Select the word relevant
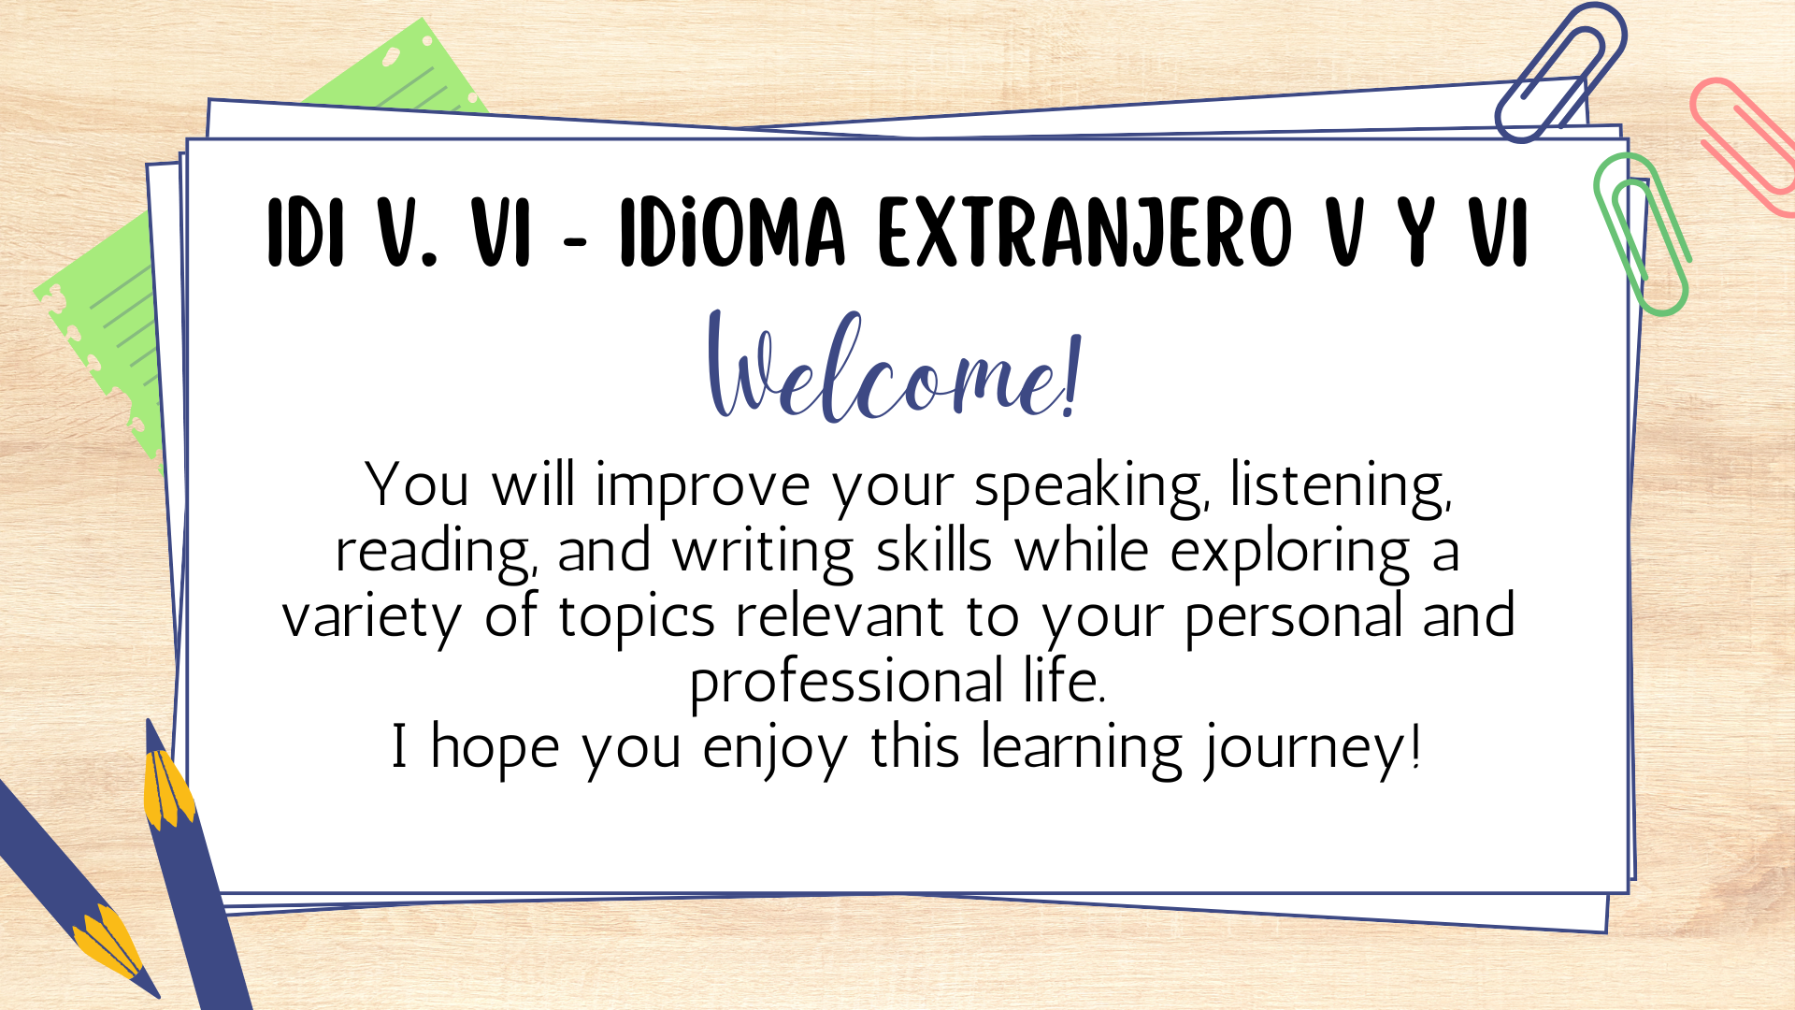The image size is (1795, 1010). tap(840, 616)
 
